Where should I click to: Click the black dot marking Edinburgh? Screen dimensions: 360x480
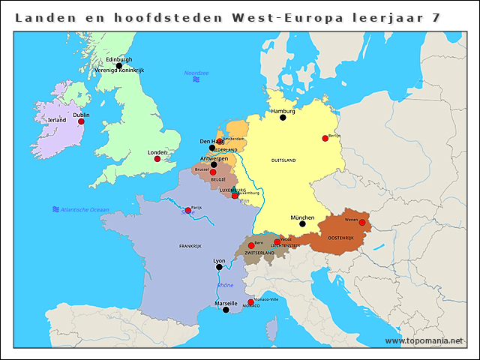click(118, 66)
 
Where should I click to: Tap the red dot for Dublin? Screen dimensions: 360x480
click(81, 121)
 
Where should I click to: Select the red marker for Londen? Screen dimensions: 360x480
click(157, 159)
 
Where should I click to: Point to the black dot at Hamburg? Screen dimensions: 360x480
click(283, 118)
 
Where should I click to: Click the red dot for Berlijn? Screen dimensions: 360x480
click(325, 138)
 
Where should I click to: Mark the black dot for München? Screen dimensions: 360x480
click(302, 223)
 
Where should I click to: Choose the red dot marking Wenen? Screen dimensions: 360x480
click(361, 222)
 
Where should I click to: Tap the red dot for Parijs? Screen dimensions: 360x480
click(187, 210)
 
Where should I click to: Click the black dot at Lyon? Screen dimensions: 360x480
click(219, 267)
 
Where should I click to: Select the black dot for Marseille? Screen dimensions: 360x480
click(226, 310)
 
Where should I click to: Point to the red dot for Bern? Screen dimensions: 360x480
click(251, 245)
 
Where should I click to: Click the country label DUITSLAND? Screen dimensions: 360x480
click(283, 160)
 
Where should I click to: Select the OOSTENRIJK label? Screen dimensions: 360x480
click(340, 238)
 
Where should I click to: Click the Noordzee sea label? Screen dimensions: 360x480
click(196, 73)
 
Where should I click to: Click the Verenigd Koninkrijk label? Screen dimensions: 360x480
click(119, 70)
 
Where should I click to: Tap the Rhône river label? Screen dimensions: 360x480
click(225, 285)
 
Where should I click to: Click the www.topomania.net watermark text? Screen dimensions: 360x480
click(424, 340)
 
